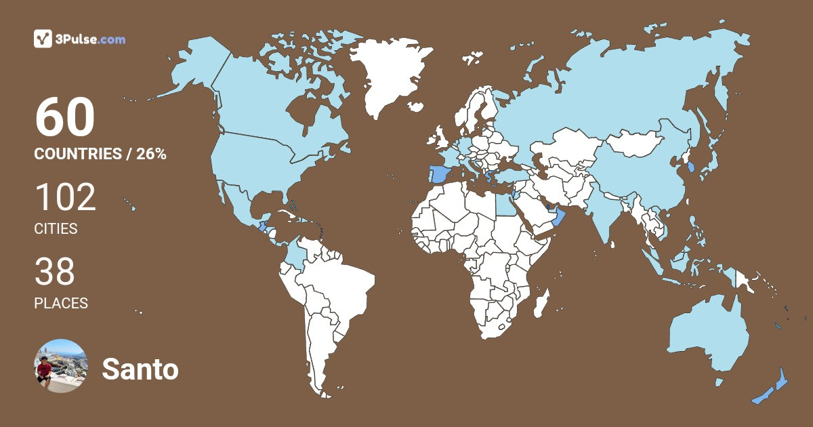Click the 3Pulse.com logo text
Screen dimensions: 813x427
[90, 39]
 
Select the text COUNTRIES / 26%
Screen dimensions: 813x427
[100, 154]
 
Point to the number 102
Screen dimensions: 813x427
[65, 198]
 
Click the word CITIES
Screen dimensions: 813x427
[56, 229]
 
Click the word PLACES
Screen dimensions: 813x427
[61, 304]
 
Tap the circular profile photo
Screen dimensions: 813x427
[61, 366]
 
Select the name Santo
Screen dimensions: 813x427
[140, 369]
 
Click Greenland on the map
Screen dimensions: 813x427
[389, 75]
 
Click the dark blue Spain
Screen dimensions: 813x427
[439, 174]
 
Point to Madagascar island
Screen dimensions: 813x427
[541, 302]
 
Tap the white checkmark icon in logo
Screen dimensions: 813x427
[43, 39]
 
